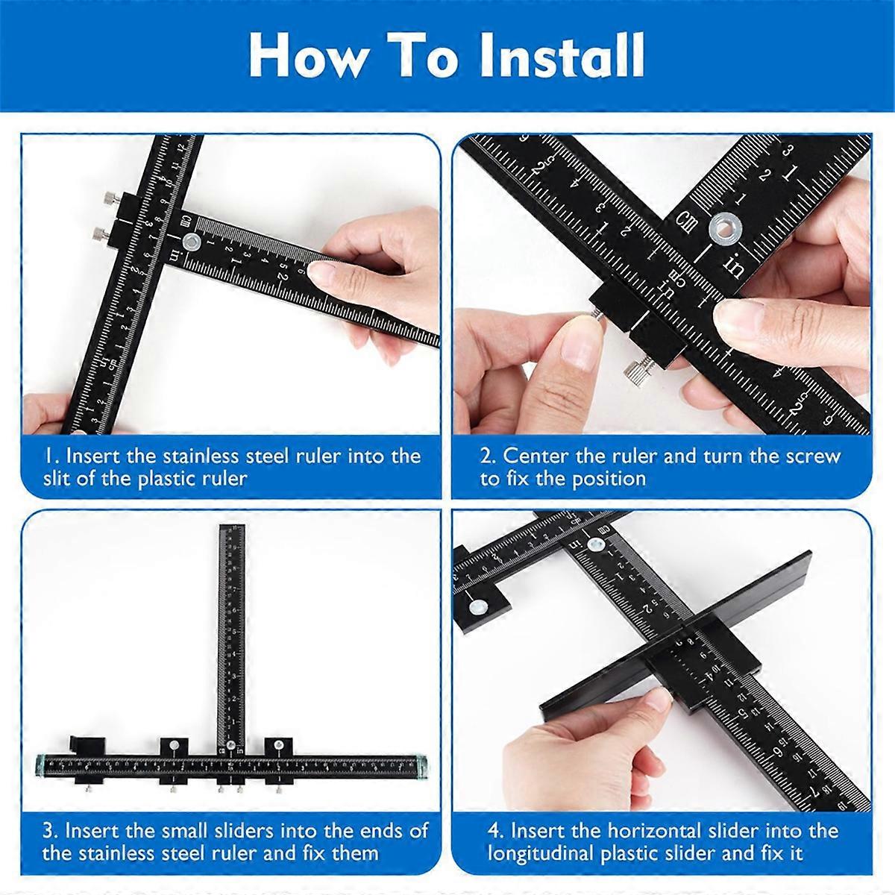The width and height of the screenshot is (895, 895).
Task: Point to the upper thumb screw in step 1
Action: [x=108, y=198]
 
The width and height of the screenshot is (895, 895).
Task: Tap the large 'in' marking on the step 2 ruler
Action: [x=735, y=266]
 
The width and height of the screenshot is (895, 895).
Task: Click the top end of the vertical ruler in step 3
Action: [x=233, y=530]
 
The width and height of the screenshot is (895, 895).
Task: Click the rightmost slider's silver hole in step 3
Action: [x=278, y=744]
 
